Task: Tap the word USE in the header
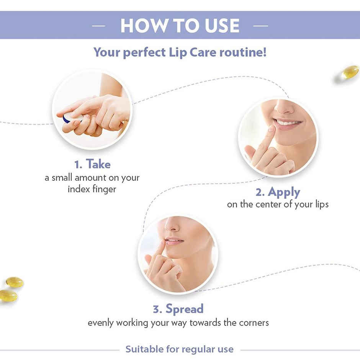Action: pyautogui.click(x=219, y=25)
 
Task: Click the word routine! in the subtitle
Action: pyautogui.click(x=243, y=52)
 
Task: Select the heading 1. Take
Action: pyautogui.click(x=92, y=164)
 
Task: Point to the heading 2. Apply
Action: pyautogui.click(x=278, y=191)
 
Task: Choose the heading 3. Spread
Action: pyautogui.click(x=178, y=309)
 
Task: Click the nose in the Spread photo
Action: pyautogui.click(x=171, y=226)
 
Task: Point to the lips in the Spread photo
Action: pyautogui.click(x=173, y=242)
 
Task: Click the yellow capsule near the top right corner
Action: pyautogui.click(x=350, y=72)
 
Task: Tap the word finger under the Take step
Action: pyautogui.click(x=103, y=189)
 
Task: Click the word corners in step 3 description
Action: pyautogui.click(x=251, y=322)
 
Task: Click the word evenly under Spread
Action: pyautogui.click(x=100, y=322)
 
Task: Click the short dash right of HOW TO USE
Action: pyautogui.click(x=260, y=26)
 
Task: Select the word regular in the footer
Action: pyautogui.click(x=201, y=349)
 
